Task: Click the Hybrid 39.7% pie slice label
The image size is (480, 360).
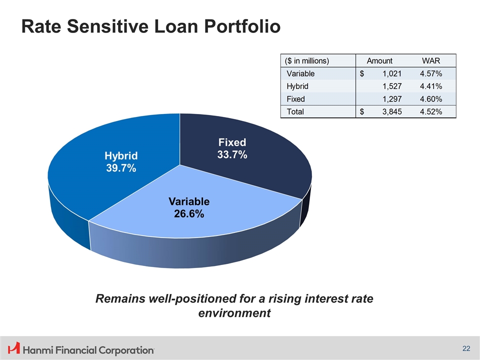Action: click(121, 162)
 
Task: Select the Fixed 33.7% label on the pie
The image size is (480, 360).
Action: click(232, 148)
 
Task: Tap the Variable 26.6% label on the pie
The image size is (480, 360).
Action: click(189, 207)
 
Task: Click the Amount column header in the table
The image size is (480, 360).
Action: click(379, 61)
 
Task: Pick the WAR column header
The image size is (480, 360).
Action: click(430, 61)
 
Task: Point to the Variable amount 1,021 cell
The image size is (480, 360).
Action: click(392, 74)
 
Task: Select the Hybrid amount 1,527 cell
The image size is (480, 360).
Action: click(392, 86)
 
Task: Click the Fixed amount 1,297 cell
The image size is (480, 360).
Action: click(392, 99)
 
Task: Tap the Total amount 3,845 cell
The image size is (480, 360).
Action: click(392, 111)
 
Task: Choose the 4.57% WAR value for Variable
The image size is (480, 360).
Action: click(431, 74)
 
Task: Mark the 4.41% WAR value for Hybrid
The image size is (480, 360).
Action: click(431, 86)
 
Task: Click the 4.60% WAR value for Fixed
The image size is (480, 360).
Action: click(431, 99)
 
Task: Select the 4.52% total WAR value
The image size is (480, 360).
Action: click(431, 111)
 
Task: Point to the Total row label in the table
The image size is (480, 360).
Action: click(295, 111)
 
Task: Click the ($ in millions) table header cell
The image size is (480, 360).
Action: click(306, 61)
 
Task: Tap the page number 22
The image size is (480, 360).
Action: click(466, 348)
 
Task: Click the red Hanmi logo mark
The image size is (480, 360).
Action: click(14, 348)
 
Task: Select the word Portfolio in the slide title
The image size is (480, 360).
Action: click(242, 26)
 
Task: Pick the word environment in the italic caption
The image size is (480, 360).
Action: click(234, 313)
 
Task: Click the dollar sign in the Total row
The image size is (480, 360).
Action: click(362, 111)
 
